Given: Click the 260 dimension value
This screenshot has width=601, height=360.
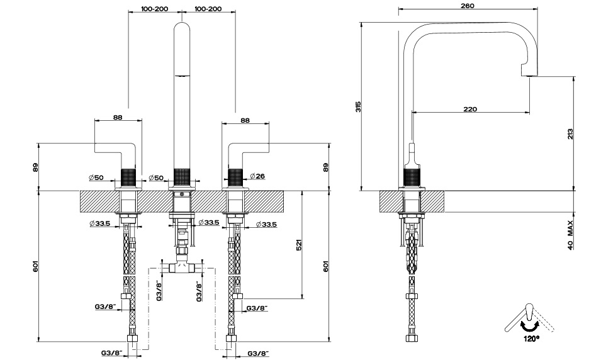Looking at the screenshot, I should click(x=467, y=5).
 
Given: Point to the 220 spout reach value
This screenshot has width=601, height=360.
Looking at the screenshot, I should click(x=469, y=109).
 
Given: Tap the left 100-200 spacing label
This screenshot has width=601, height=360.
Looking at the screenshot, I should click(x=154, y=8).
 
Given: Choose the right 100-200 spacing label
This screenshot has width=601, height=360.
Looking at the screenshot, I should click(x=208, y=8).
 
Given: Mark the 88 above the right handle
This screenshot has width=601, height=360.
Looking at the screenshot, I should click(x=245, y=120).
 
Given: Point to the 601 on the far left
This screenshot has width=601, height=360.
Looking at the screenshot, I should click(x=35, y=267).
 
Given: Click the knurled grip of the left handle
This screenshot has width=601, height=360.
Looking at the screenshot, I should click(x=128, y=176).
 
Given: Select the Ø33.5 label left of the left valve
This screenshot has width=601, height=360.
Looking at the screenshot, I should click(x=100, y=223).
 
